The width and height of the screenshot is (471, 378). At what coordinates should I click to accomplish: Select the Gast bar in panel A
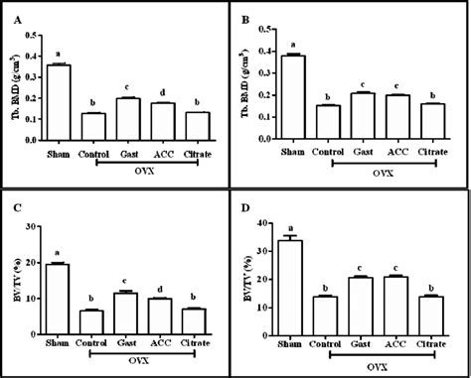(x=129, y=120)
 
